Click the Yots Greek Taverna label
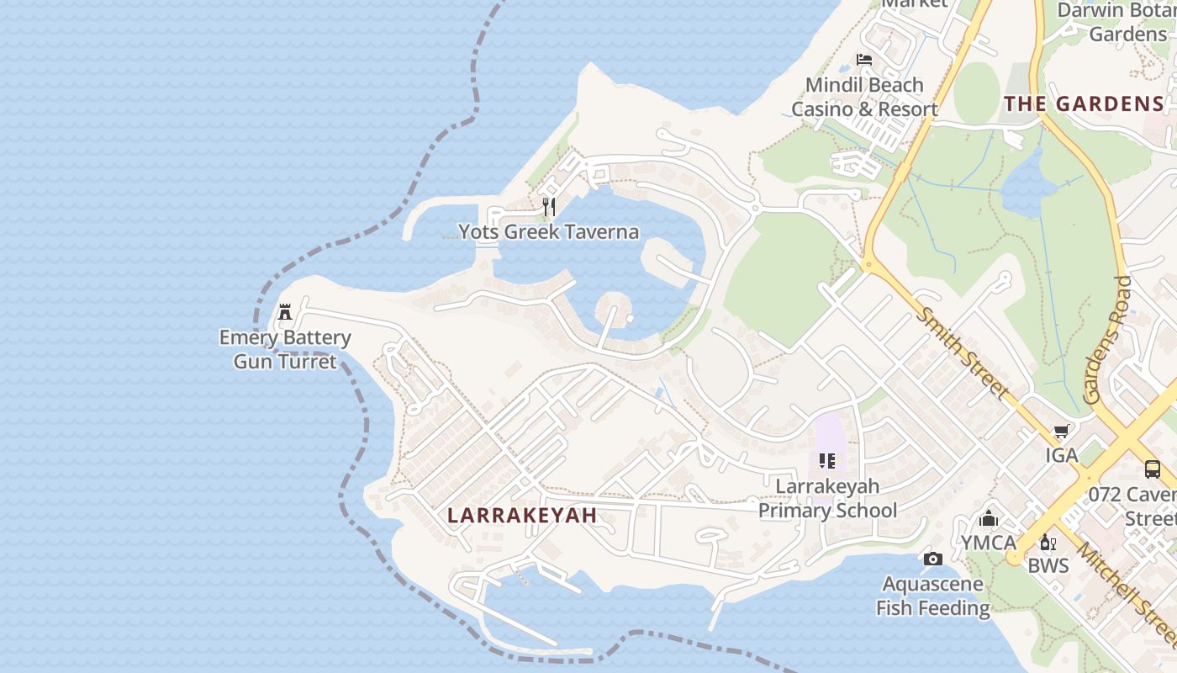(548, 232)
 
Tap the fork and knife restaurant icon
(548, 206)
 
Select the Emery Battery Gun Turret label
(285, 349)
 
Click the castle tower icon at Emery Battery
(285, 312)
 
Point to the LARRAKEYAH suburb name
(522, 516)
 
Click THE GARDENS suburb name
(1085, 104)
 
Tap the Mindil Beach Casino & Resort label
(864, 97)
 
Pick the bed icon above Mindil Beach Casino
(864, 60)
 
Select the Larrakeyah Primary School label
(828, 498)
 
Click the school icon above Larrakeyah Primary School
(827, 461)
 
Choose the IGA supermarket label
(1061, 455)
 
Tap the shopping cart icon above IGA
(1061, 432)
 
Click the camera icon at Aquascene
(932, 559)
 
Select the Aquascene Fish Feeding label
(932, 596)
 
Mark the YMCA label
(989, 543)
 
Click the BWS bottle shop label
(1048, 565)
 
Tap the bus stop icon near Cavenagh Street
(1152, 469)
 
